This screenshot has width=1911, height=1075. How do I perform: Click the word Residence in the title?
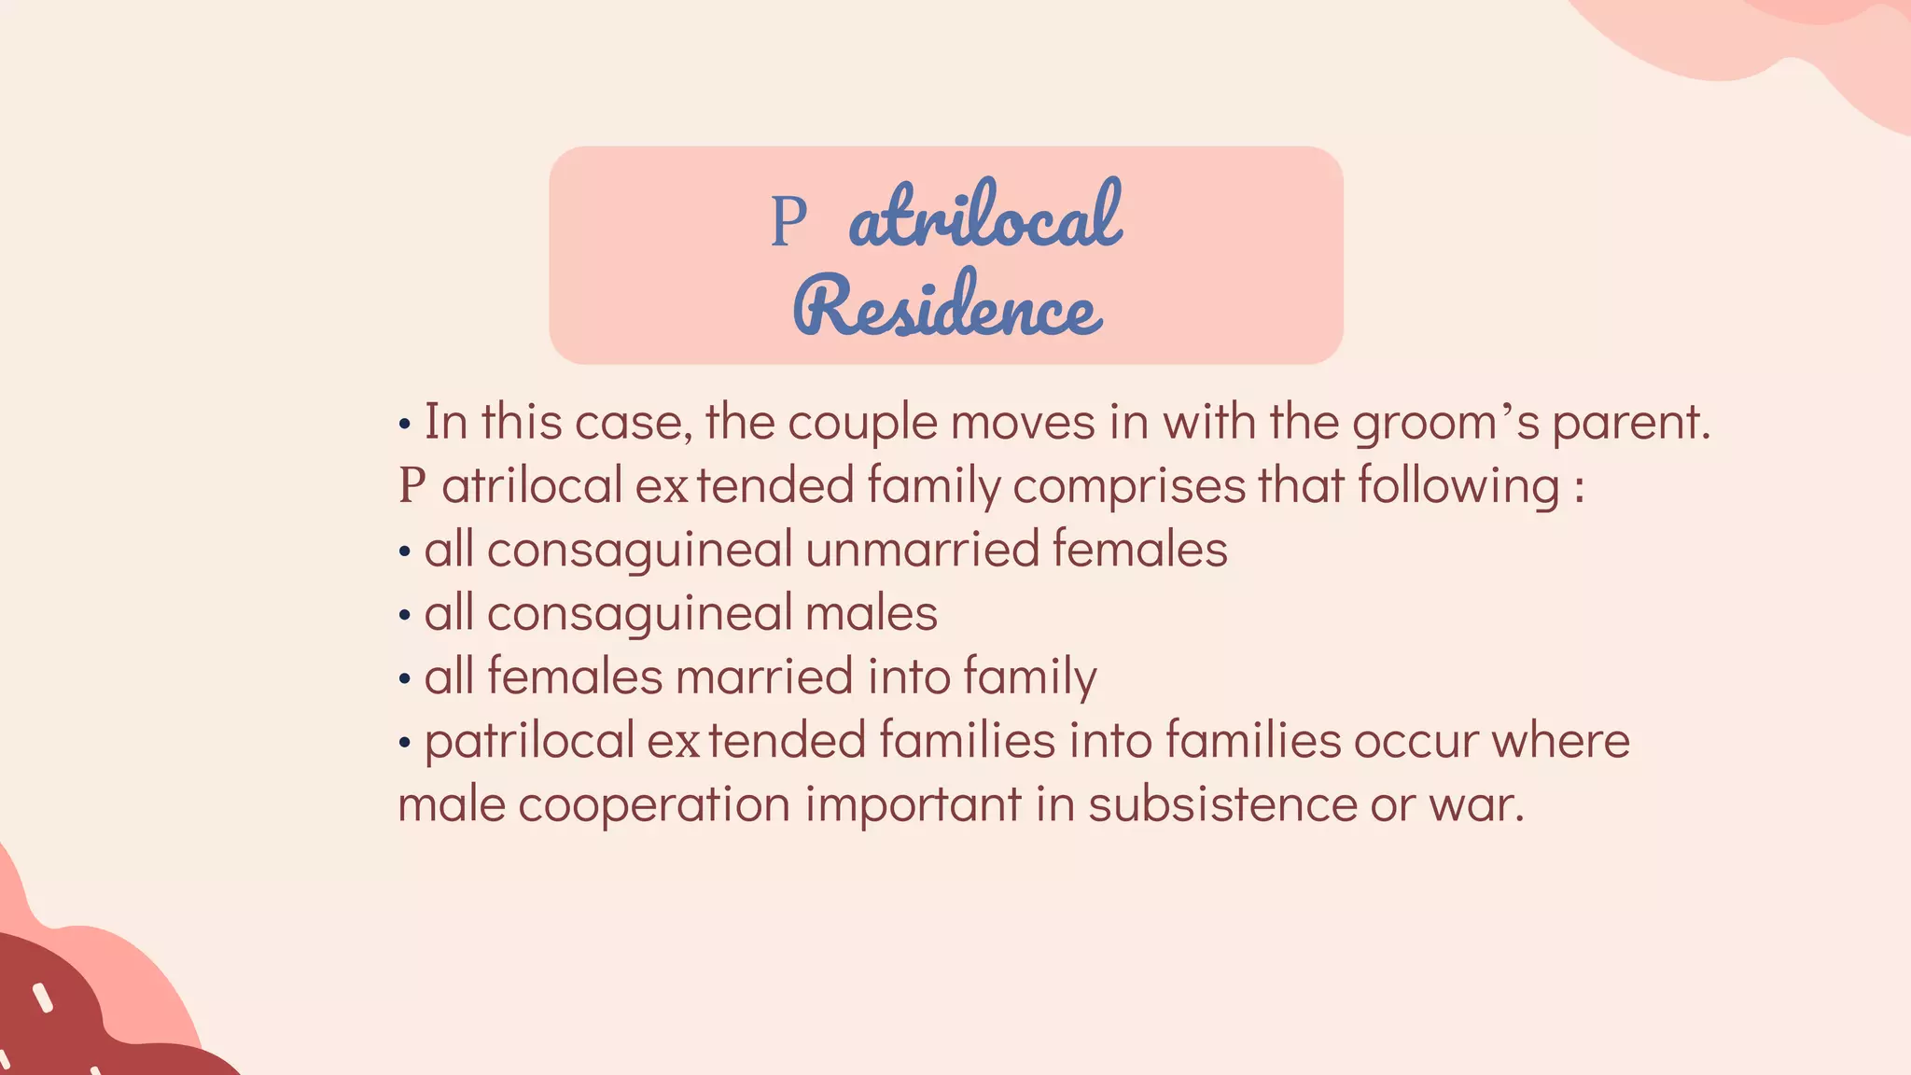click(947, 305)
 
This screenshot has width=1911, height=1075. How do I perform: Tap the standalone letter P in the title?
click(788, 222)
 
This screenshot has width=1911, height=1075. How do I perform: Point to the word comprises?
click(1129, 486)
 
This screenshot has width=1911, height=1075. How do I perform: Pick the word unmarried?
click(922, 549)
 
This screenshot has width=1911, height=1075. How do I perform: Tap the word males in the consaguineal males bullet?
click(871, 613)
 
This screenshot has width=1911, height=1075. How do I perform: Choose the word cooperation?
click(654, 804)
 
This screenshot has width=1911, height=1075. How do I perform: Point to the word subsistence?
click(1222, 804)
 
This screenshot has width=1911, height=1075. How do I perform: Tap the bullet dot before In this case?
click(404, 426)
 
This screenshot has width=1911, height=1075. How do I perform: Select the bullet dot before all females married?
click(404, 680)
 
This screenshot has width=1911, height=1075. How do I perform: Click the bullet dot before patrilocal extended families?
click(404, 744)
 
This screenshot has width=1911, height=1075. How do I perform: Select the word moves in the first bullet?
click(1022, 423)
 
